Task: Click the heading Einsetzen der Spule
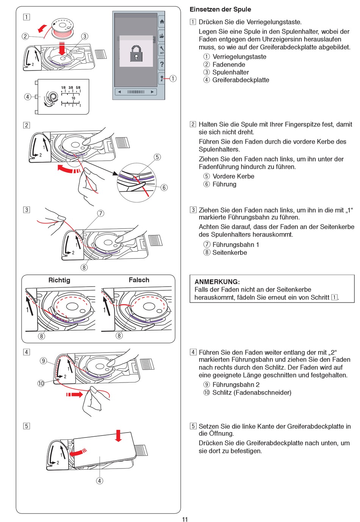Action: (x=220, y=9)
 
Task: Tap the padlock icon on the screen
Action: (x=136, y=53)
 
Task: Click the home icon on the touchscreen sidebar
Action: (x=162, y=22)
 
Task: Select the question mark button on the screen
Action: (x=162, y=64)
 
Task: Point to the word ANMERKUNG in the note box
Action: (x=217, y=282)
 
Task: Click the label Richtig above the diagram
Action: (x=59, y=280)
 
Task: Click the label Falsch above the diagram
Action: (x=139, y=280)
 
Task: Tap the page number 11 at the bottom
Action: (x=185, y=519)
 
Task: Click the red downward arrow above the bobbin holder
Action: (x=62, y=49)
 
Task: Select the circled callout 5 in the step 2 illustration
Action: (x=157, y=157)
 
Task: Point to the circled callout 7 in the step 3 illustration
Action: (x=100, y=213)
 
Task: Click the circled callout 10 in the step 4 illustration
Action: (x=41, y=383)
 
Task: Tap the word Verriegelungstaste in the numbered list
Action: (x=239, y=57)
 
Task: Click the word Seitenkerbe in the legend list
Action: (x=230, y=252)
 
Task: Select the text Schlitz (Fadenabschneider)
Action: (x=252, y=392)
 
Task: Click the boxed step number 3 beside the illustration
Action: (x=27, y=210)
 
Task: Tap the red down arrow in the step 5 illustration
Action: (x=118, y=436)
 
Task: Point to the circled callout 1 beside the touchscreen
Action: (x=173, y=78)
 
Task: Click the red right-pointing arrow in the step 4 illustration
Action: (x=75, y=395)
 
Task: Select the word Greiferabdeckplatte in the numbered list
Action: (x=241, y=80)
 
